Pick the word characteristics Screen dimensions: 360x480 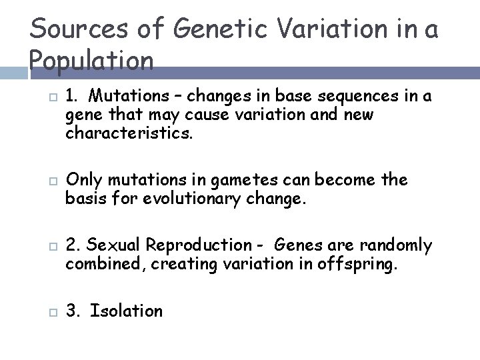128,133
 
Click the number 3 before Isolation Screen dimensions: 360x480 71,311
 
